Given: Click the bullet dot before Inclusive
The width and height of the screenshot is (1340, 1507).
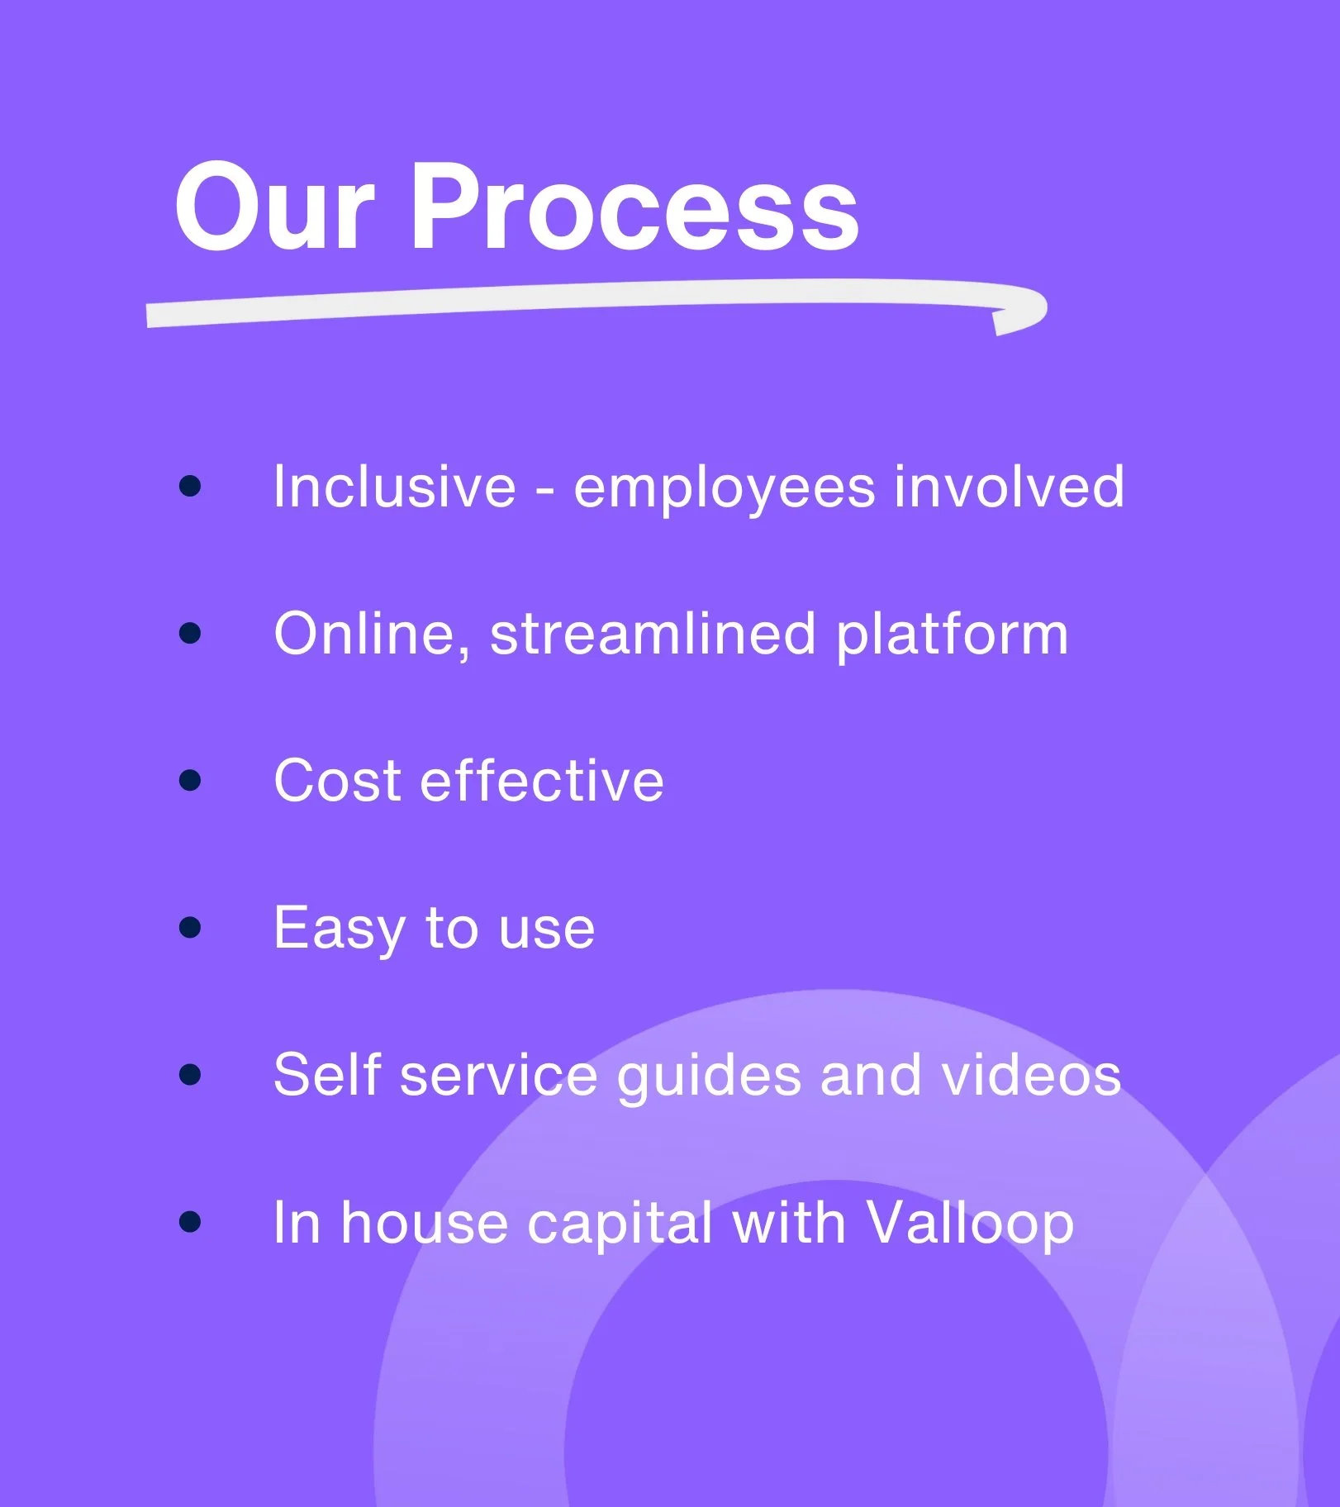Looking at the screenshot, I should [x=190, y=486].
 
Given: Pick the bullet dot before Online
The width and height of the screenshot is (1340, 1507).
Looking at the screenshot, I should [x=190, y=634].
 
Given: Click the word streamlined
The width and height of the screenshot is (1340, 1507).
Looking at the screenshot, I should [x=653, y=634].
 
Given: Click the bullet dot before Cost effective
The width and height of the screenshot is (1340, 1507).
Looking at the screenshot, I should [x=190, y=780].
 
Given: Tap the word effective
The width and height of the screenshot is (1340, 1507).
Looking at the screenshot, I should [x=542, y=780].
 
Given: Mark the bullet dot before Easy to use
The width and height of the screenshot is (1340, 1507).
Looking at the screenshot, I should [x=190, y=927].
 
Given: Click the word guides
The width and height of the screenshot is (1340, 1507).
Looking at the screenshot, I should [x=709, y=1077].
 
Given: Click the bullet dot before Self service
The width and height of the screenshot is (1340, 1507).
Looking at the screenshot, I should [x=190, y=1074].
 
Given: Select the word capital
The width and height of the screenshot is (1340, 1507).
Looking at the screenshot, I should [x=620, y=1224].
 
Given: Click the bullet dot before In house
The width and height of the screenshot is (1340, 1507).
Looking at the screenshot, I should [x=190, y=1221].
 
